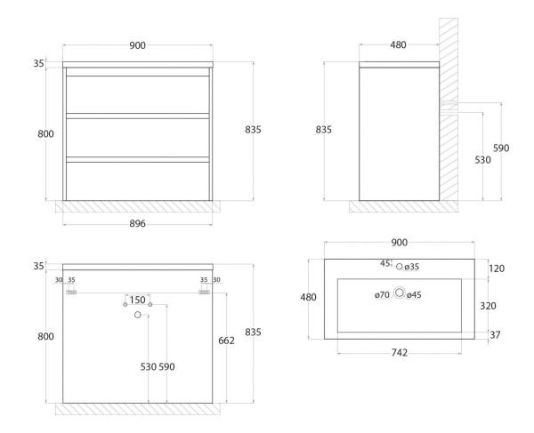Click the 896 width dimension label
[x=137, y=223]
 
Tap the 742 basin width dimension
[x=399, y=353]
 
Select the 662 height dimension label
[x=226, y=341]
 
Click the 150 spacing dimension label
[x=138, y=300]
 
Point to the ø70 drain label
[x=382, y=295]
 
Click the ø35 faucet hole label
[x=412, y=267]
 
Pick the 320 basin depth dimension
[x=488, y=306]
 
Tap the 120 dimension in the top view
[x=497, y=269]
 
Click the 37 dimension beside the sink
[x=495, y=335]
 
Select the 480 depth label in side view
[x=398, y=44]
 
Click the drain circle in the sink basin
[x=399, y=293]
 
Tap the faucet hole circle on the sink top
[x=399, y=267]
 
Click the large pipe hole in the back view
[x=138, y=315]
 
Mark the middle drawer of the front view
[x=138, y=138]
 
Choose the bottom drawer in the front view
[x=138, y=181]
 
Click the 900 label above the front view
[x=138, y=45]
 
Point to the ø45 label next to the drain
[x=414, y=295]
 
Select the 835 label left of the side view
[x=324, y=130]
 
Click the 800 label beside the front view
[x=45, y=134]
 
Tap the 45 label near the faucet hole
[x=385, y=263]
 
